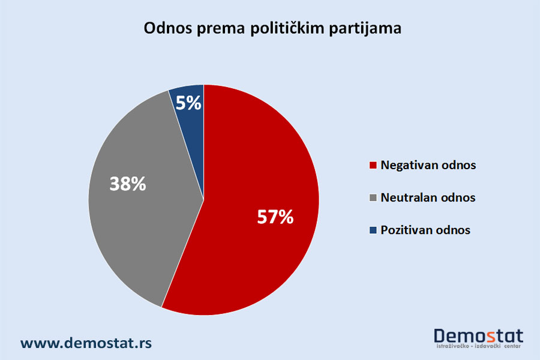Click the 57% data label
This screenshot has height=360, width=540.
(275, 217)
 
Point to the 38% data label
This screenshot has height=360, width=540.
(128, 184)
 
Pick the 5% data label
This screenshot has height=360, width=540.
(188, 103)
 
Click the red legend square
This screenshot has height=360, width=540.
(373, 165)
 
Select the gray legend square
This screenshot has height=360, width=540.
(373, 197)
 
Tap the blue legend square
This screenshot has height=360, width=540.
(373, 230)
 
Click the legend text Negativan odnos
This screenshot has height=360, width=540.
(428, 166)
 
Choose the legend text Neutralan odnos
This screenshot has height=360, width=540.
(428, 197)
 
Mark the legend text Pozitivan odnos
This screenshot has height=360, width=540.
(425, 230)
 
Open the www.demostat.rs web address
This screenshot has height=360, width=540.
(86, 343)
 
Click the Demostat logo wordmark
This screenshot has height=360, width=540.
(478, 336)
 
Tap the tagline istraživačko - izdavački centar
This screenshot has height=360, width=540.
(478, 346)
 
